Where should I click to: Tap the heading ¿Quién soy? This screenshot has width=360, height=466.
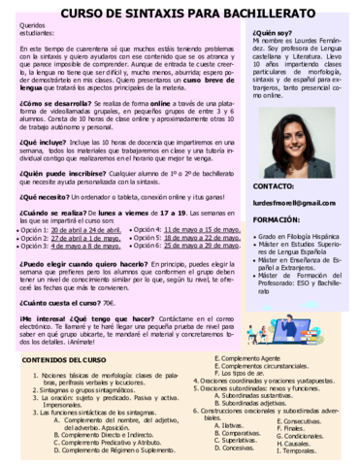(x=273, y=31)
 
